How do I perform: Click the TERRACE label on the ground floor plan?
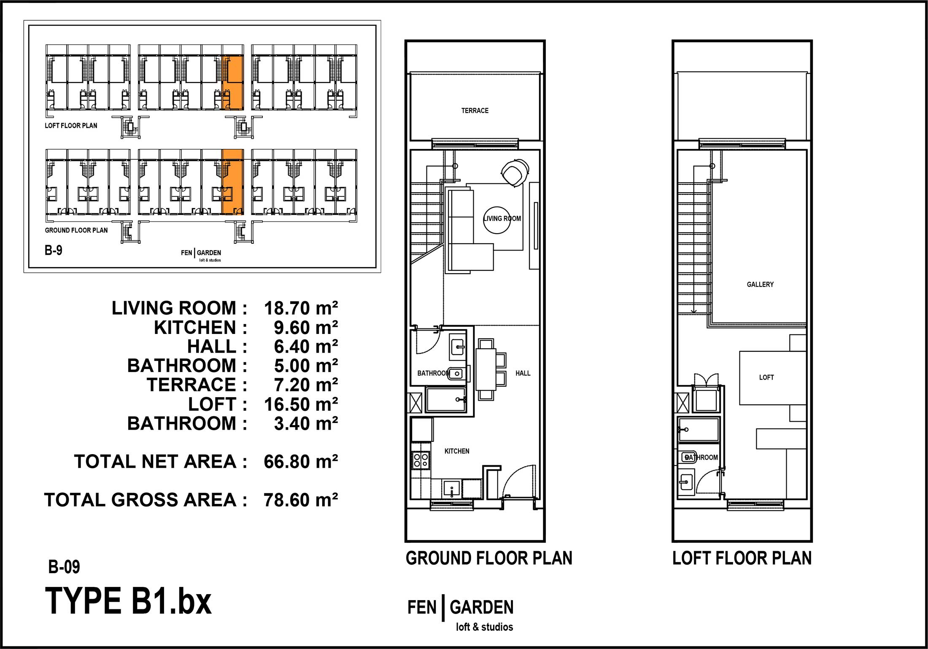pos(475,110)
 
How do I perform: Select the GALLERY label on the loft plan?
pos(760,284)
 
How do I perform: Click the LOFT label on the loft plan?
pos(766,377)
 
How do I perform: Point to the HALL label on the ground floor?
pos(523,373)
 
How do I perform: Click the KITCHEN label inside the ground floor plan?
pos(457,451)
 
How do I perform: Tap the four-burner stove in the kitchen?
pos(421,460)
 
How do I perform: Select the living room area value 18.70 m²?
pos(301,308)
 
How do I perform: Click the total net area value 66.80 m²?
pos(301,462)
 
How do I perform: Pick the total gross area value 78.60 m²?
pos(301,500)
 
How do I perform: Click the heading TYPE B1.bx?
pos(128,601)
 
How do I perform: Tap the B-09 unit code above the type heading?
pos(64,567)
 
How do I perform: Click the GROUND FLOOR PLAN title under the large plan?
pos(489,558)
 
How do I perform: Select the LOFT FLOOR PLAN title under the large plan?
pos(742,558)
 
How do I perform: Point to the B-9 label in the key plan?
pos(54,250)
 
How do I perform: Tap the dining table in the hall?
pos(486,369)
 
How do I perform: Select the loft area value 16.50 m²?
pos(301,404)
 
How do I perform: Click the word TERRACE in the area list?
pos(192,385)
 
